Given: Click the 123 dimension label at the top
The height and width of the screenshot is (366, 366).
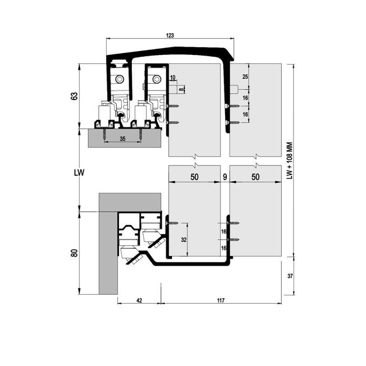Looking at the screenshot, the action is pos(170,36).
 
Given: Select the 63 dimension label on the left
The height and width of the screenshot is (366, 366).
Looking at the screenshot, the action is pos(74,96).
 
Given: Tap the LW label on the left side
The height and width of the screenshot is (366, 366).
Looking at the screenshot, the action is pos(79,173).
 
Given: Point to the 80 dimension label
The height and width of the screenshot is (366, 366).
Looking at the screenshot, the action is pos(74,253).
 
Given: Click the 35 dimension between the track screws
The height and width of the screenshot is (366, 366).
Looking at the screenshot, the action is pos(123,139).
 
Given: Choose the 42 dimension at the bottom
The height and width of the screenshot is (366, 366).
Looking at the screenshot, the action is pos(139,300).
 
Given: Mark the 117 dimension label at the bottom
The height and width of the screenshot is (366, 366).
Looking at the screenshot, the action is pos(221,300).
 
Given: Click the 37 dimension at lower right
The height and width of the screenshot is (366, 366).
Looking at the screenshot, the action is pos(290,276).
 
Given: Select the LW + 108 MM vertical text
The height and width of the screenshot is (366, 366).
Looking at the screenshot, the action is pos(290,161).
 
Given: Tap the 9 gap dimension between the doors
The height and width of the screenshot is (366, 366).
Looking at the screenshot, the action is pos(225,177).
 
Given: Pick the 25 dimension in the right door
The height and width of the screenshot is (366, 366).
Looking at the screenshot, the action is pos(245,76).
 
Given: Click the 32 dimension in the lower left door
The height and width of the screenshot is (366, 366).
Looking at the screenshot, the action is pos(184,239).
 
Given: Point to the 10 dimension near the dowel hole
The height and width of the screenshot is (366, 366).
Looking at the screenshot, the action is pos(172,77).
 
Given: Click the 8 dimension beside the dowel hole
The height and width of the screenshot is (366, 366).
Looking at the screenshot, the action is pos(180,89).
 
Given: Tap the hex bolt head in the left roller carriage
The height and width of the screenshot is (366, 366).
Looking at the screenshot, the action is pos(120,80).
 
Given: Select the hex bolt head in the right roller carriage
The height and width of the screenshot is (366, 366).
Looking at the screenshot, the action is pos(156,80).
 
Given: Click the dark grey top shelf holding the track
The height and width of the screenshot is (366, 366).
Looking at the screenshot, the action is pos(124,138).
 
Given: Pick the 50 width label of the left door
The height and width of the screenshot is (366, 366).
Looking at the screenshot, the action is pos(194,177).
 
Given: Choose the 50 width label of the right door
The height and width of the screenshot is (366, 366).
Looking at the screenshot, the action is pos(255,177).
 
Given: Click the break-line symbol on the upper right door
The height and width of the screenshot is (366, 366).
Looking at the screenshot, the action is pos(256,156).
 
